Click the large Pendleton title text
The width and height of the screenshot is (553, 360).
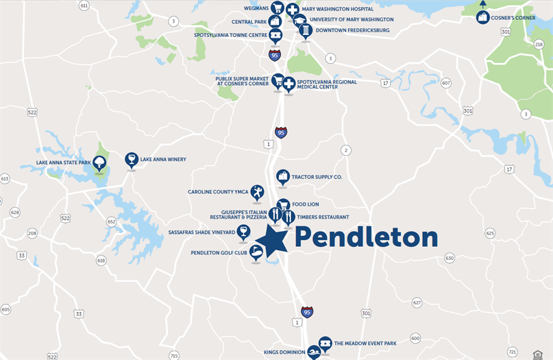point(366,238)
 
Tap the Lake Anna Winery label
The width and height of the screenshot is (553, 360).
point(163,160)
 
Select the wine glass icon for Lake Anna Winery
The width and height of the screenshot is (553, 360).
point(131,159)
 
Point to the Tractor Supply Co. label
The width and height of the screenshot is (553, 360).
point(317,177)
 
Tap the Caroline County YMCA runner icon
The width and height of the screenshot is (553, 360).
point(257,192)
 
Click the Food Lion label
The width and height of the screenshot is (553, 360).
point(306,204)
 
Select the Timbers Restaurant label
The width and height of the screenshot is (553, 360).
point(323,217)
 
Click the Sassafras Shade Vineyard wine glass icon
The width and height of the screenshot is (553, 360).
point(243,231)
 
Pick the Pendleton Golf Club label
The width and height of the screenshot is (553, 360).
point(219,253)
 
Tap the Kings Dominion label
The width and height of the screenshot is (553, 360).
point(284,352)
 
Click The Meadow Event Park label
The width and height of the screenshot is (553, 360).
point(365,344)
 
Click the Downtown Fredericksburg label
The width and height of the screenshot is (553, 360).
point(352,31)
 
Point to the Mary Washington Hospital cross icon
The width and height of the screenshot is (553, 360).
point(293,10)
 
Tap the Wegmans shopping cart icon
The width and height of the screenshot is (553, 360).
point(277,8)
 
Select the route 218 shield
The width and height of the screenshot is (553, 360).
point(538,44)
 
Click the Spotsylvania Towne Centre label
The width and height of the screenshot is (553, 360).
point(230,34)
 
